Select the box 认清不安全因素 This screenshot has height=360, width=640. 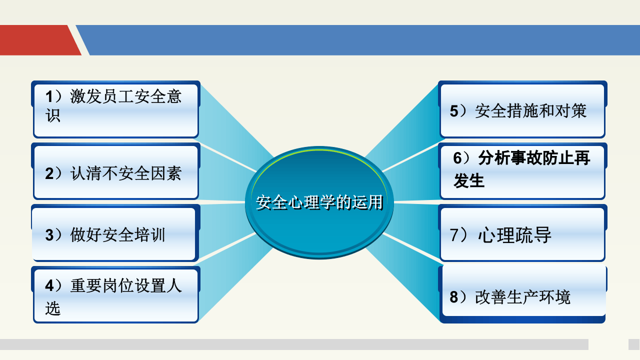[x=116, y=172]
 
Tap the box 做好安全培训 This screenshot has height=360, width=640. [x=114, y=234]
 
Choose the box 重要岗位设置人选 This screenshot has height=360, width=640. [x=116, y=295]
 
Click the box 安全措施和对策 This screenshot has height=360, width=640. [x=522, y=110]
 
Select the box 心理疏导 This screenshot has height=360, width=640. [x=522, y=234]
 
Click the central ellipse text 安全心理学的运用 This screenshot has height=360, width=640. [x=319, y=202]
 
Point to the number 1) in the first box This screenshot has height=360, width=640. [x=52, y=96]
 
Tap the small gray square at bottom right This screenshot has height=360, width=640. [x=633, y=344]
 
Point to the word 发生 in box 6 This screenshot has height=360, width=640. [x=469, y=181]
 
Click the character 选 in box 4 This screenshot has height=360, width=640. [x=52, y=308]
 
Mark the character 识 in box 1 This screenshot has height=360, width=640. [x=53, y=116]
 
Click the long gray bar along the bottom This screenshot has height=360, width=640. [x=294, y=344]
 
